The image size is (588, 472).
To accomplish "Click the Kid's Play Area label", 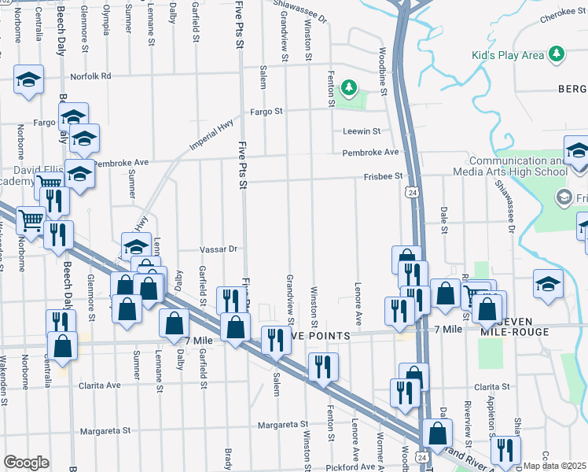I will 508,55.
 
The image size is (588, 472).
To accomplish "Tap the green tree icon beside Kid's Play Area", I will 557,53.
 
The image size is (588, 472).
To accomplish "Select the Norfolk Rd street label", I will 91,76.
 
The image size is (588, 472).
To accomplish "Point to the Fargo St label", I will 266,112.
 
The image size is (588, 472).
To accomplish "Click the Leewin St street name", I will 361,131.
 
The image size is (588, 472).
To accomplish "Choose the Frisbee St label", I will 383,176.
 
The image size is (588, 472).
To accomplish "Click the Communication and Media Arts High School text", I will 519,166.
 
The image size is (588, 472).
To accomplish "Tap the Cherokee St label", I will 562,23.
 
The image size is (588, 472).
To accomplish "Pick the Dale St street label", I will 444,220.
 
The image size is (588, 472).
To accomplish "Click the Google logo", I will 26,463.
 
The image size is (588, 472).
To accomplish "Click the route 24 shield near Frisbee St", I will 411,191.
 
